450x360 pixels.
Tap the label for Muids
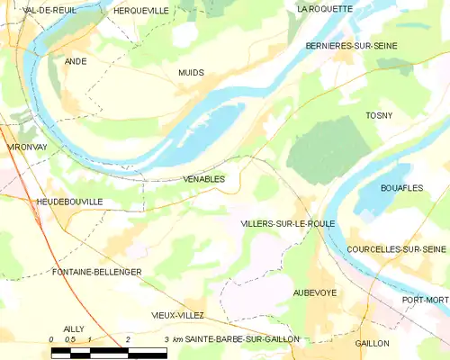(191, 72)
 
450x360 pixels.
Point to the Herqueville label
(141, 10)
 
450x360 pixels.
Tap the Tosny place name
(379, 115)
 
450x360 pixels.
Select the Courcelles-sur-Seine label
(396, 248)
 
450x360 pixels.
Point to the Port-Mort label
(424, 300)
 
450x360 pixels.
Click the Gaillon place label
(372, 343)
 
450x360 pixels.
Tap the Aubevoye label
(316, 293)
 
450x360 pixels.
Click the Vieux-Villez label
(177, 315)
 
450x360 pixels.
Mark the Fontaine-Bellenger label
(97, 271)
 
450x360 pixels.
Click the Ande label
(76, 61)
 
